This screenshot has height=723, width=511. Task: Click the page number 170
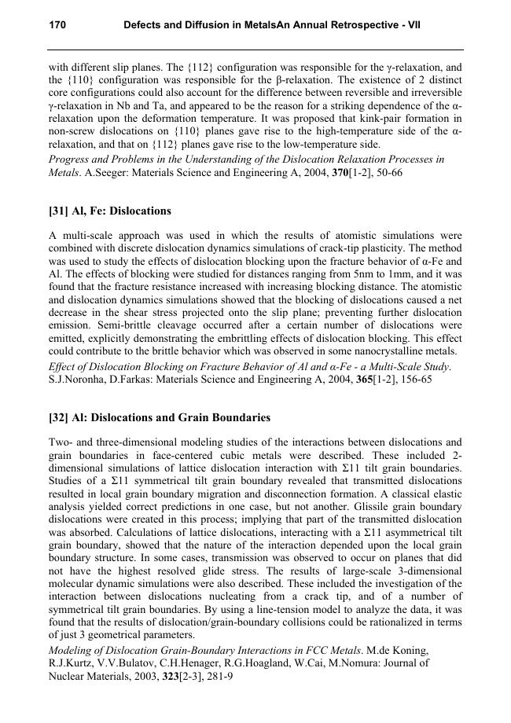tap(57, 25)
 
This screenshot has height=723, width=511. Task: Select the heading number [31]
tap(60, 211)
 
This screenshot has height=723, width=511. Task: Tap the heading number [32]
tap(60, 417)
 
